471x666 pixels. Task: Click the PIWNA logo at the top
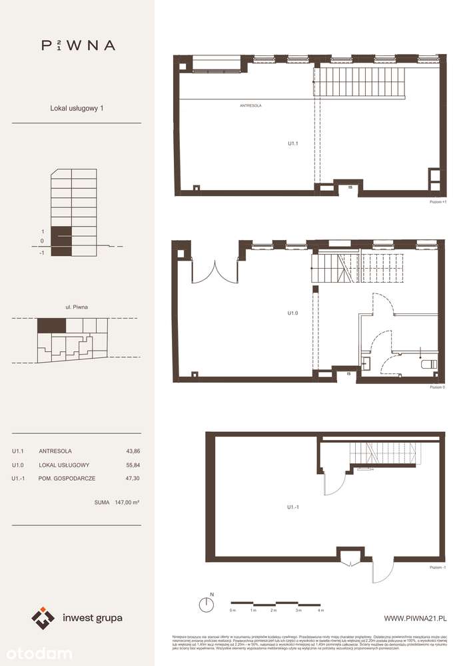pyautogui.click(x=78, y=45)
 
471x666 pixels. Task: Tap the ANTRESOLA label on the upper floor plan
pyautogui.click(x=250, y=106)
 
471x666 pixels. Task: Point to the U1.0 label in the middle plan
pyautogui.click(x=292, y=311)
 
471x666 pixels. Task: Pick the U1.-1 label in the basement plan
pyautogui.click(x=292, y=507)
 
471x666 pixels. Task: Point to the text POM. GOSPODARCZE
pyautogui.click(x=65, y=478)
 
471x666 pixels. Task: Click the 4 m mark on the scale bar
pyautogui.click(x=320, y=610)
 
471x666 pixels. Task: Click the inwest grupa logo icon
pyautogui.click(x=43, y=618)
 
